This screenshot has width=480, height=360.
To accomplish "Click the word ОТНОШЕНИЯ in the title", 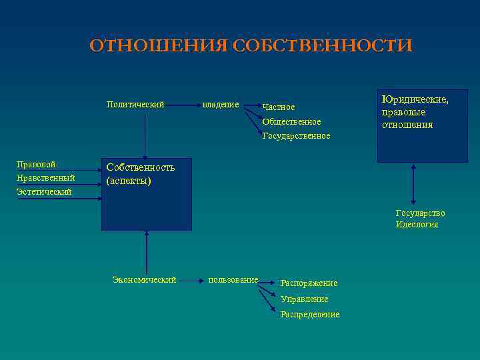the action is (159, 45).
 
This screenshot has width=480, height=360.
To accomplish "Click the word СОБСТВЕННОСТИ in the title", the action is (323, 45).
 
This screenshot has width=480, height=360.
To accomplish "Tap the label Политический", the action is (135, 104).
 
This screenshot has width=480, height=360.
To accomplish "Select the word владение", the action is (221, 104).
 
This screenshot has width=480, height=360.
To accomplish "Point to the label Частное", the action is (279, 107).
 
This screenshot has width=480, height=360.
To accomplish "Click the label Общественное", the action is (291, 122).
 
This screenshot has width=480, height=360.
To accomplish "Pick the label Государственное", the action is (296, 136).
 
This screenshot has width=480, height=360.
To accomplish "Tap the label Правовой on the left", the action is (36, 164).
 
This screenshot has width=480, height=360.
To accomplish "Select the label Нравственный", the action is (45, 178).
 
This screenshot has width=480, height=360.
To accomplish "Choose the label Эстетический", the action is (44, 192).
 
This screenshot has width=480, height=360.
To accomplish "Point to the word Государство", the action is (420, 213).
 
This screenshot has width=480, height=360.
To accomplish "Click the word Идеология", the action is (417, 225).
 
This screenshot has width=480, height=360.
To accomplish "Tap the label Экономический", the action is (144, 280).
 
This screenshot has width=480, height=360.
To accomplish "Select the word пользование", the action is (233, 280).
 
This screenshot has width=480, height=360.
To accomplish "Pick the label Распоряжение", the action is (309, 283).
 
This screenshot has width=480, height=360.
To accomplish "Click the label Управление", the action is (304, 299).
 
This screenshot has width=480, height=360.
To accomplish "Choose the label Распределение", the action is (310, 315).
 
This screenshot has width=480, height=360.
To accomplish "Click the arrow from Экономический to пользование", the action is (192, 281).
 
